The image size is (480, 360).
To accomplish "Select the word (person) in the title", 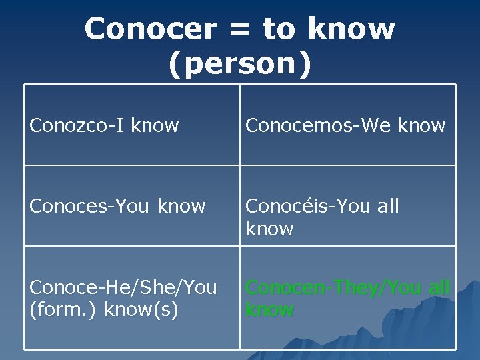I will (240, 65).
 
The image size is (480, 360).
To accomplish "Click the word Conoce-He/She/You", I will (123, 287).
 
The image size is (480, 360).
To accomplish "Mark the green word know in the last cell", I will (269, 310).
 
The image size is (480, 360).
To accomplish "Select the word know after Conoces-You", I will (181, 206).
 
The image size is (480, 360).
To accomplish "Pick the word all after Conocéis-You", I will (387, 206).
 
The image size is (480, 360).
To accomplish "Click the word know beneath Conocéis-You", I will (269, 229).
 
